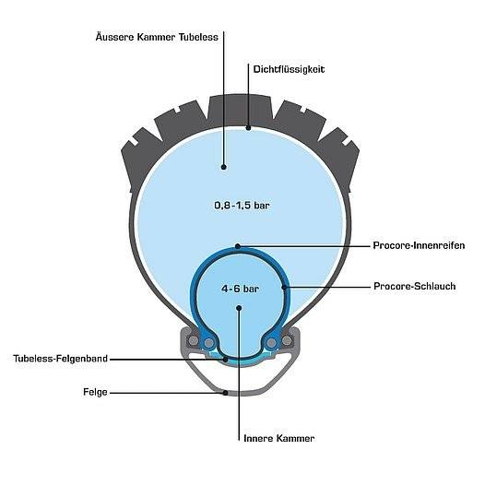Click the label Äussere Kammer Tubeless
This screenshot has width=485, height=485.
[x=157, y=38]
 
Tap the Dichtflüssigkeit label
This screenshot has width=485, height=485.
[x=289, y=69]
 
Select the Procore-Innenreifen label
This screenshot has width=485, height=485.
[x=419, y=245]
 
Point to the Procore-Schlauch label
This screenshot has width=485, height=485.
[x=415, y=286]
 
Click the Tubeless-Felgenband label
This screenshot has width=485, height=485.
[x=60, y=359]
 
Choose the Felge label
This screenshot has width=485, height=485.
[x=95, y=392]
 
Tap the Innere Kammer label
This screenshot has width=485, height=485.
[x=279, y=438]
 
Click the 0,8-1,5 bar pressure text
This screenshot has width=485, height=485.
[x=242, y=206]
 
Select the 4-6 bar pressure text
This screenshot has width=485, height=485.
[x=240, y=289]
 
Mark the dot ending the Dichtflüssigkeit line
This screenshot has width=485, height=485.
[x=248, y=128]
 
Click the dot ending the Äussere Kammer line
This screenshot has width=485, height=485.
[x=224, y=167]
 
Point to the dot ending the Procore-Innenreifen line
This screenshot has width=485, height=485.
[x=238, y=246]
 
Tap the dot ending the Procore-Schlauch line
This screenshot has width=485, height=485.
[x=284, y=287]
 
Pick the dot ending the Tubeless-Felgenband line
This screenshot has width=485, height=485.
[x=226, y=360]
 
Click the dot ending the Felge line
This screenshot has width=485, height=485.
[x=226, y=393]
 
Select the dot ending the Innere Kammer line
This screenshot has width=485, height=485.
[x=239, y=308]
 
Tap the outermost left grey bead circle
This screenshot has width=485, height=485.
[x=194, y=340]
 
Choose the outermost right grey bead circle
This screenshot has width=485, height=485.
[x=287, y=340]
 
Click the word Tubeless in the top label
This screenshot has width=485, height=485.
[x=198, y=38]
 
